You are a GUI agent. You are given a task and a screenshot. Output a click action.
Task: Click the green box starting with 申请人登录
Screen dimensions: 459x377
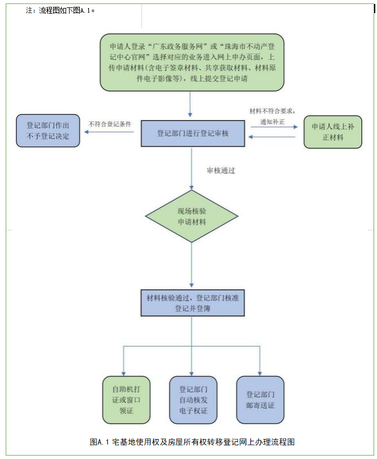(192, 62)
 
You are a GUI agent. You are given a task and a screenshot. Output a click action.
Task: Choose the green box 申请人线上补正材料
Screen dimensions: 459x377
(333, 132)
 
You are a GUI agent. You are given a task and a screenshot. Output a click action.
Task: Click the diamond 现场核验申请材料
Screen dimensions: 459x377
(191, 216)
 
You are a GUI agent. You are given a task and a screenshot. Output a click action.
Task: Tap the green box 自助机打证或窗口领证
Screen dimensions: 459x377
(126, 399)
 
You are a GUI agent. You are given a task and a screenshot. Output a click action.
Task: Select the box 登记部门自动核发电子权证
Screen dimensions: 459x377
(193, 399)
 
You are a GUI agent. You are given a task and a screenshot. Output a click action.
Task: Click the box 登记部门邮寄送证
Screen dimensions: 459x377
(260, 399)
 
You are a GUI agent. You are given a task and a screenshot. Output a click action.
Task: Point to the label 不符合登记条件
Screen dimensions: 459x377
(110, 123)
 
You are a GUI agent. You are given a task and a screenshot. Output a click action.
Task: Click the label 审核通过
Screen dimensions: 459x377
(221, 170)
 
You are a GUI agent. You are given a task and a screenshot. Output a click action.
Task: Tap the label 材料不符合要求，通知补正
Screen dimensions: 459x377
(273, 116)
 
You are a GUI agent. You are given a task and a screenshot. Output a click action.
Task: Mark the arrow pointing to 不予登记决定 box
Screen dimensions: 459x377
(109, 133)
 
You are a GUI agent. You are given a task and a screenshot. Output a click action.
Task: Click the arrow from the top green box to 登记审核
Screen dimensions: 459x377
(190, 105)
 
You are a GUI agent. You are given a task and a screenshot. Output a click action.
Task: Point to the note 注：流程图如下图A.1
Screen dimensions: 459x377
(60, 11)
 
